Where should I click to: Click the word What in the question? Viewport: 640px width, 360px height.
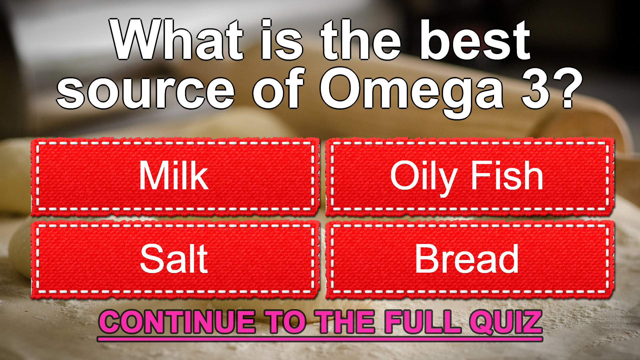pyautogui.click(x=178, y=40)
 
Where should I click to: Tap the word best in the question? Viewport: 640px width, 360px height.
pyautogui.click(x=475, y=40)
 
